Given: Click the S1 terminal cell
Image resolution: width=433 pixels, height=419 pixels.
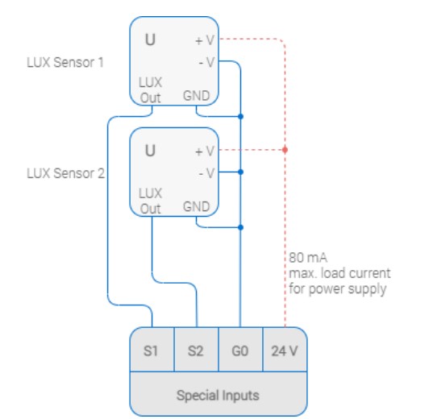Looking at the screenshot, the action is pyautogui.click(x=152, y=350).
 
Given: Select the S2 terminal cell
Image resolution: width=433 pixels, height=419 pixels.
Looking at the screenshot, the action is pyautogui.click(x=196, y=350).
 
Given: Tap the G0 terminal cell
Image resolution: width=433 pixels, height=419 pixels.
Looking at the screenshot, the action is pyautogui.click(x=240, y=350).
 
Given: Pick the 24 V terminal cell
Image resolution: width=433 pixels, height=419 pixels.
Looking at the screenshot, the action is pyautogui.click(x=285, y=350).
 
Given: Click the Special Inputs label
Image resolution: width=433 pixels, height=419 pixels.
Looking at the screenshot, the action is pyautogui.click(x=218, y=396).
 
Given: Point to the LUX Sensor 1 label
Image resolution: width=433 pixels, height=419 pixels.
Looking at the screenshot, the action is pyautogui.click(x=65, y=62).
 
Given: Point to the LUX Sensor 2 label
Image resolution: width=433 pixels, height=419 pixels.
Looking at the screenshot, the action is pyautogui.click(x=66, y=173).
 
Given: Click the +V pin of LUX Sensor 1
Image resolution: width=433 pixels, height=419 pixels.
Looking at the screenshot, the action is pyautogui.click(x=205, y=40).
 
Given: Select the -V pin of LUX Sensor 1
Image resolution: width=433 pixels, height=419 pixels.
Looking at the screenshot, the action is pyautogui.click(x=206, y=62).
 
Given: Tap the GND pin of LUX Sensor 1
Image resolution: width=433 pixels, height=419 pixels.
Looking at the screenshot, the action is pyautogui.click(x=196, y=96).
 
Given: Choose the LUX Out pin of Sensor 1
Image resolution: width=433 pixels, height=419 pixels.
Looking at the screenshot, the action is pyautogui.click(x=150, y=90).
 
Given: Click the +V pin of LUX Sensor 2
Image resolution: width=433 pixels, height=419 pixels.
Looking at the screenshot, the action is pyautogui.click(x=205, y=151).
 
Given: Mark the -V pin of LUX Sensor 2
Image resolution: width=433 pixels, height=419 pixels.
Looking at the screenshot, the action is pyautogui.click(x=206, y=173).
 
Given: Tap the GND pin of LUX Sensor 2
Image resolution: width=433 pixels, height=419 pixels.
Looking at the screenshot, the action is pyautogui.click(x=196, y=207).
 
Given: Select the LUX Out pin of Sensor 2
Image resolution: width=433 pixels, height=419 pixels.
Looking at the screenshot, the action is pyautogui.click(x=150, y=201).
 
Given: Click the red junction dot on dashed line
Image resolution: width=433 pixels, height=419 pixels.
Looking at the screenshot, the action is pyautogui.click(x=285, y=150).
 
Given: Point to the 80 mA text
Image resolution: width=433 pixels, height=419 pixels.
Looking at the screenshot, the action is pyautogui.click(x=308, y=258).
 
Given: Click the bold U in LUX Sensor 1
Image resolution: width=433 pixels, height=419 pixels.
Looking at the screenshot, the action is pyautogui.click(x=150, y=39).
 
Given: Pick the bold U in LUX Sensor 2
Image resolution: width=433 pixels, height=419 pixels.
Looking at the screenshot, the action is pyautogui.click(x=150, y=151).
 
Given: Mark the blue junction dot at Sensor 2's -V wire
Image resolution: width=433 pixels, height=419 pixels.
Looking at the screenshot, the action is pyautogui.click(x=240, y=172).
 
